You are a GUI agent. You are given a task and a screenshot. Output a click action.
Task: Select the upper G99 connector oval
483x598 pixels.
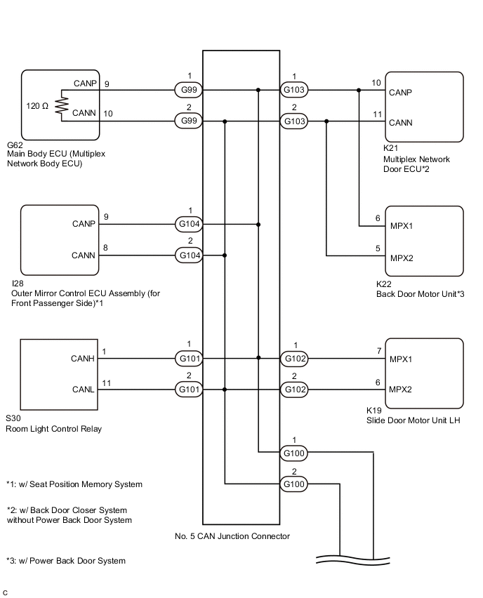[x=187, y=90]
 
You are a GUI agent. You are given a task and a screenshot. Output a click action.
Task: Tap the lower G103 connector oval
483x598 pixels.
[x=293, y=121]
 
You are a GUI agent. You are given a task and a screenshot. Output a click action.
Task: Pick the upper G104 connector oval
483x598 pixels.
[x=187, y=225]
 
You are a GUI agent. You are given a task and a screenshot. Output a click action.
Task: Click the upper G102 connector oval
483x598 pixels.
[x=293, y=358]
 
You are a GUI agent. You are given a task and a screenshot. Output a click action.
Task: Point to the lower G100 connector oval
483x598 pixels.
[x=293, y=484]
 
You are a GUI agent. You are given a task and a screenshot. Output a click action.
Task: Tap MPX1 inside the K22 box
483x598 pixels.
[x=402, y=227]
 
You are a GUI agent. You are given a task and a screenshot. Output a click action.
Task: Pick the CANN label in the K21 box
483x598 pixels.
[x=400, y=123]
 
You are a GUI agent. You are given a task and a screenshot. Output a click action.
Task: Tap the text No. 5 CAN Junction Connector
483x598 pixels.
[x=232, y=536]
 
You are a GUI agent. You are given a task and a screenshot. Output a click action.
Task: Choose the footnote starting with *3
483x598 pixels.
[x=66, y=561]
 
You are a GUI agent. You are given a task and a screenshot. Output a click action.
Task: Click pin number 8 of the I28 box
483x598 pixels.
[x=106, y=247]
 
